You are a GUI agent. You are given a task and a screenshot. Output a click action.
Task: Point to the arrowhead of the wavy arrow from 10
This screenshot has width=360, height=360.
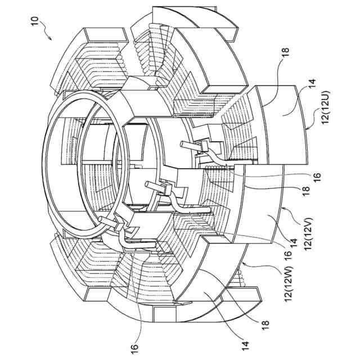point(51,39)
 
